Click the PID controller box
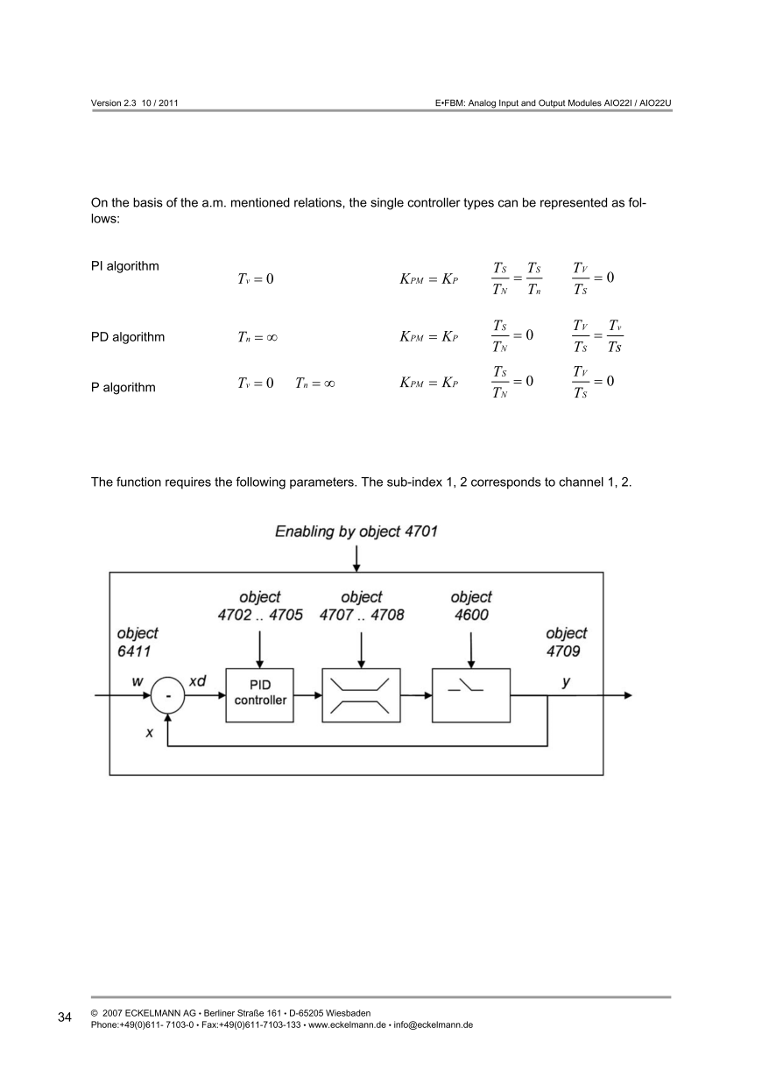260,693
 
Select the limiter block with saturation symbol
360,694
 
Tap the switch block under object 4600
471,694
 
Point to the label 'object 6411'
138,642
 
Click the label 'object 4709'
566,642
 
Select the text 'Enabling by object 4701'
356,531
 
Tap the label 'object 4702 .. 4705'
260,606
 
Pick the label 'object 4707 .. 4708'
362,606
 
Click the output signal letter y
567,680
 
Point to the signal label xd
198,680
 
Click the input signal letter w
138,680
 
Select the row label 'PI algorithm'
125,265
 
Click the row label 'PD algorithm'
128,336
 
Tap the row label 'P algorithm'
123,388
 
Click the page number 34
65,1017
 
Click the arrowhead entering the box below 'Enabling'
356,567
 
